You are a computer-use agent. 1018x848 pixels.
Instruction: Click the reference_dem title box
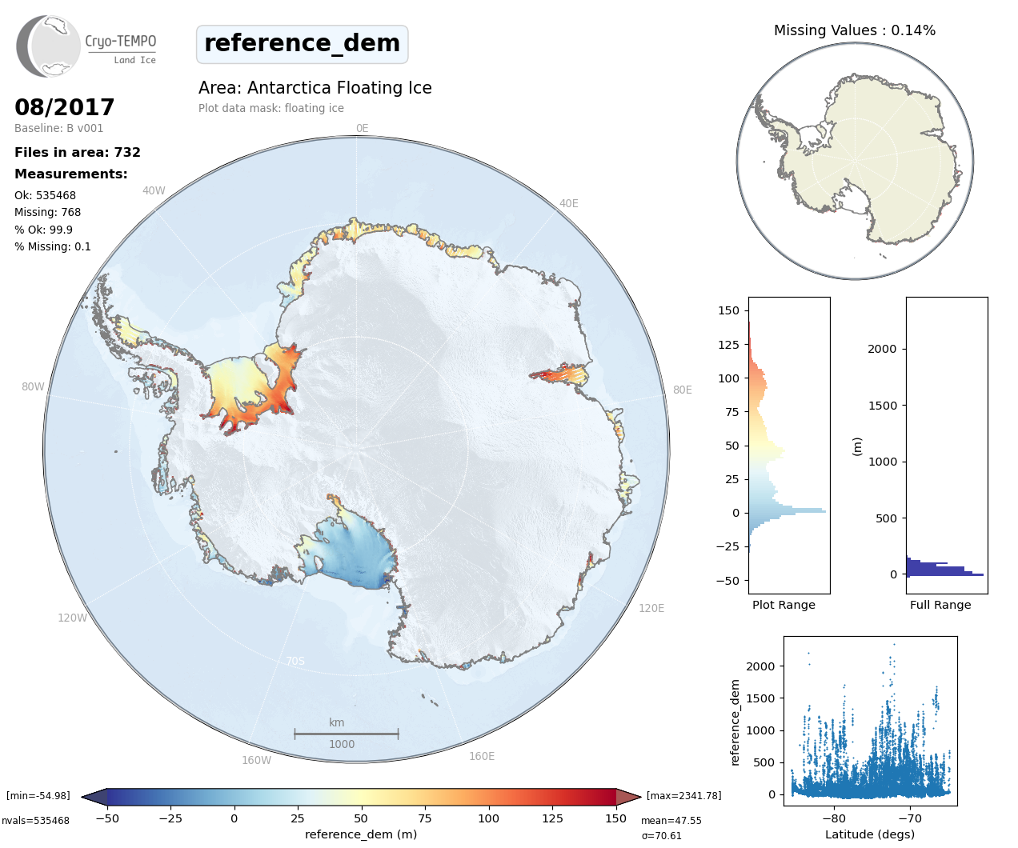click(302, 43)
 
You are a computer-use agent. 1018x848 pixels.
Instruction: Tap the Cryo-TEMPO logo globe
click(50, 46)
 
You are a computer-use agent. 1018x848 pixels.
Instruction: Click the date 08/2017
click(64, 107)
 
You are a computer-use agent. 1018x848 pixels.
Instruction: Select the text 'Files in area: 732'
click(78, 152)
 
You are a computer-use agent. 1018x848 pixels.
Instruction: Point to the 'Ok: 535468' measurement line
click(45, 195)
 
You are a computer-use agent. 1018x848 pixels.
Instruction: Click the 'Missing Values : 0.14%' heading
click(854, 30)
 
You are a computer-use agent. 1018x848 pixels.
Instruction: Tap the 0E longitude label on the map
click(362, 128)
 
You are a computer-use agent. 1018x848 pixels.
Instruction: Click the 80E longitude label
click(682, 390)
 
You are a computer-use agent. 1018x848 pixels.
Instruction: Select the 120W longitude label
click(72, 618)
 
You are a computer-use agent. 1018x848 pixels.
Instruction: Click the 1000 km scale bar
click(346, 733)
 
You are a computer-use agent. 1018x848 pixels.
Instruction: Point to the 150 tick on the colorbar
click(615, 818)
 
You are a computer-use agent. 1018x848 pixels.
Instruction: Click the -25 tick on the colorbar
click(170, 818)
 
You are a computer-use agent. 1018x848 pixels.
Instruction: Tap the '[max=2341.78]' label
click(683, 795)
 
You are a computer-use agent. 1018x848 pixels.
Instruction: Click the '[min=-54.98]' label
click(38, 795)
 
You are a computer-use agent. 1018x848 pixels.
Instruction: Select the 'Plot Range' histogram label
click(784, 605)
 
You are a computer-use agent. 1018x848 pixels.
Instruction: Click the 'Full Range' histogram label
click(940, 605)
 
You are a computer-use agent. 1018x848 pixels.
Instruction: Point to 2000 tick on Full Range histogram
click(882, 349)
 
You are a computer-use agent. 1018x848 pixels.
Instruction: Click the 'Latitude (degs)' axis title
click(869, 834)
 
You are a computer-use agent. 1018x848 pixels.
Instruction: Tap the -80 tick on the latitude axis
click(833, 818)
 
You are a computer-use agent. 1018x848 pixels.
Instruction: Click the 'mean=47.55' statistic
click(671, 820)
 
